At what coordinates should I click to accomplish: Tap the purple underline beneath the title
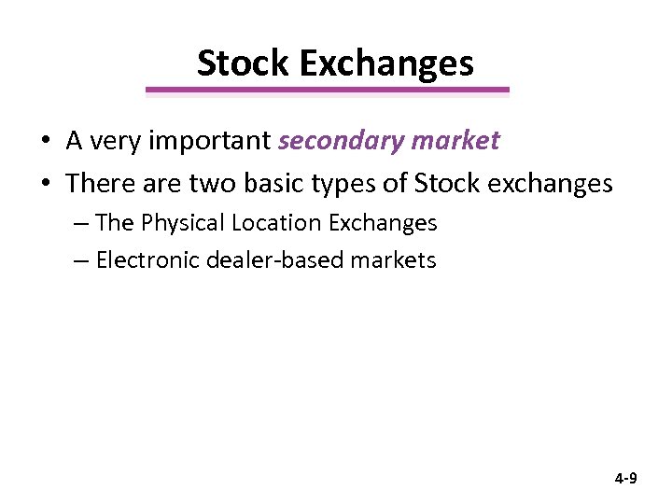coord(328,91)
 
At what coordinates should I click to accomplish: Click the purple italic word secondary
coord(340,141)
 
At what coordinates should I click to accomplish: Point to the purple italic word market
coord(455,141)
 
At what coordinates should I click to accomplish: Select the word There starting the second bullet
coord(95,183)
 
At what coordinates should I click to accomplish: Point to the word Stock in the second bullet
coord(445,183)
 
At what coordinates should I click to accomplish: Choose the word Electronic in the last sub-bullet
coord(141,260)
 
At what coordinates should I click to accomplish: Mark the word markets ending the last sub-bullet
coord(393,260)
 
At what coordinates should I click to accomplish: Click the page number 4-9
coord(625,479)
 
